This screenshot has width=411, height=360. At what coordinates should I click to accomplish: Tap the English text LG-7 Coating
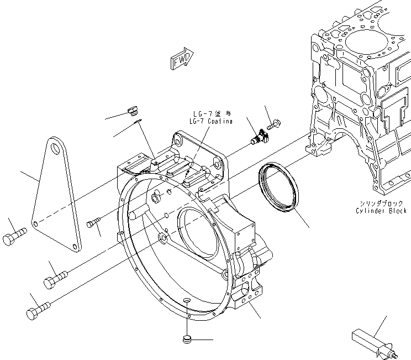[210, 121]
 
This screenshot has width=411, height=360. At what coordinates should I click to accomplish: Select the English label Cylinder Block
[381, 211]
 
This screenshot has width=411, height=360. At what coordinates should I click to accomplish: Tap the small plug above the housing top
[131, 111]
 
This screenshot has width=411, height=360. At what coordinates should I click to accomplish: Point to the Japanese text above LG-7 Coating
[210, 114]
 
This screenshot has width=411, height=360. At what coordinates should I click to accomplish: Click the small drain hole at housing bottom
[187, 300]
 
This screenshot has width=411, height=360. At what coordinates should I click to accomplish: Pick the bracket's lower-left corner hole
[35, 223]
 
